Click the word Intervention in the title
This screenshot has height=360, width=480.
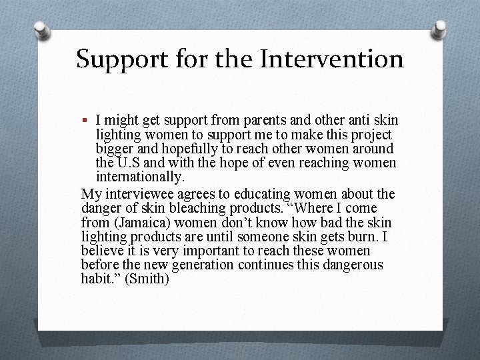[x=331, y=59]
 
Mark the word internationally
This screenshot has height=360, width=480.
[x=140, y=177]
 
